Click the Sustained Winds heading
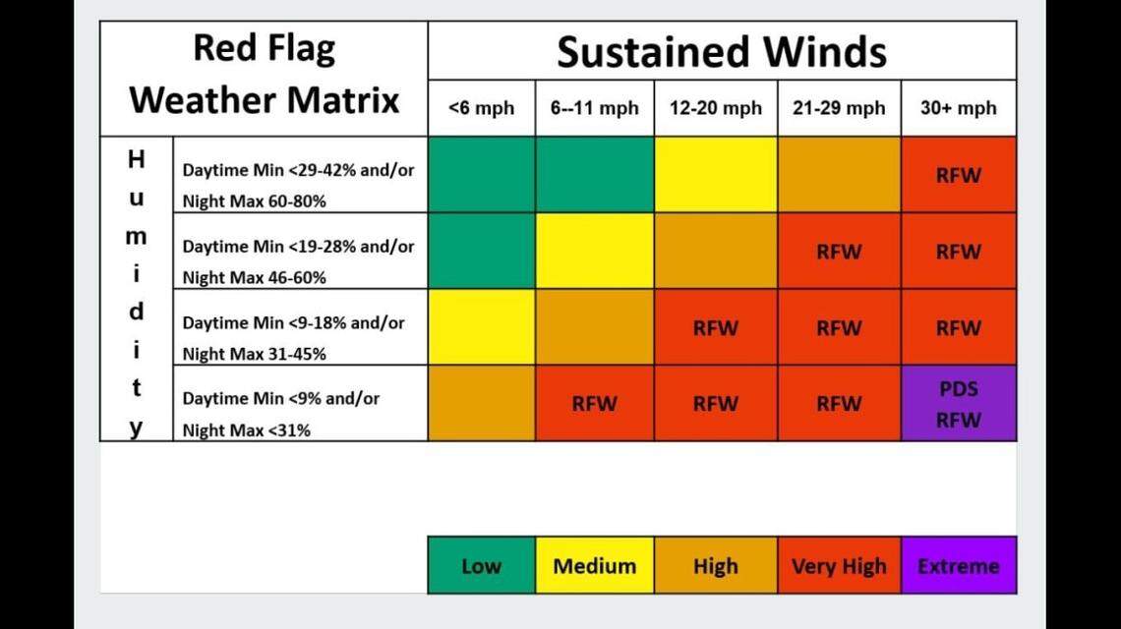click(721, 51)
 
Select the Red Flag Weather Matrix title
click(264, 75)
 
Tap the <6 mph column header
click(481, 108)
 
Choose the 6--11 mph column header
click(594, 108)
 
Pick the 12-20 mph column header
click(715, 108)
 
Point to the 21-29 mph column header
click(839, 108)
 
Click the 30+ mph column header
click(958, 108)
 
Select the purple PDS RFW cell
click(959, 403)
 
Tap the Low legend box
click(481, 566)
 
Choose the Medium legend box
click(594, 566)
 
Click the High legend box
click(715, 566)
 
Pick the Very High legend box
click(839, 566)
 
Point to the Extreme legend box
click(958, 566)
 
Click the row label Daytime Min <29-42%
click(298, 170)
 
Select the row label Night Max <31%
click(246, 429)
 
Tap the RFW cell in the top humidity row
click(959, 175)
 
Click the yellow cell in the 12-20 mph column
click(715, 175)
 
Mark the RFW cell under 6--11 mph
click(594, 403)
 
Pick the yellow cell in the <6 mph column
click(481, 327)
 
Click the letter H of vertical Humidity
click(137, 159)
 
